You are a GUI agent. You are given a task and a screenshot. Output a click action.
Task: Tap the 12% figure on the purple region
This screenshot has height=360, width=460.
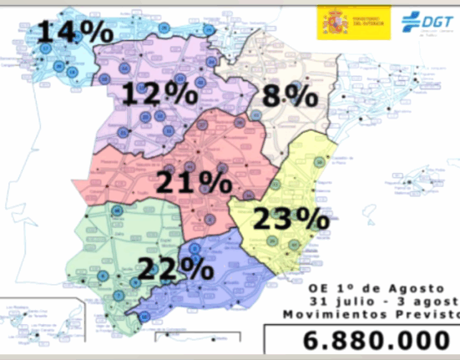pos(158,93)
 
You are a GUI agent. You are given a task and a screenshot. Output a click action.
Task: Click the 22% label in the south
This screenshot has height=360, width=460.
pos(175,268)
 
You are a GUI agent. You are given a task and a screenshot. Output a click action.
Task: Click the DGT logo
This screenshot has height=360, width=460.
pos(422,21)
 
